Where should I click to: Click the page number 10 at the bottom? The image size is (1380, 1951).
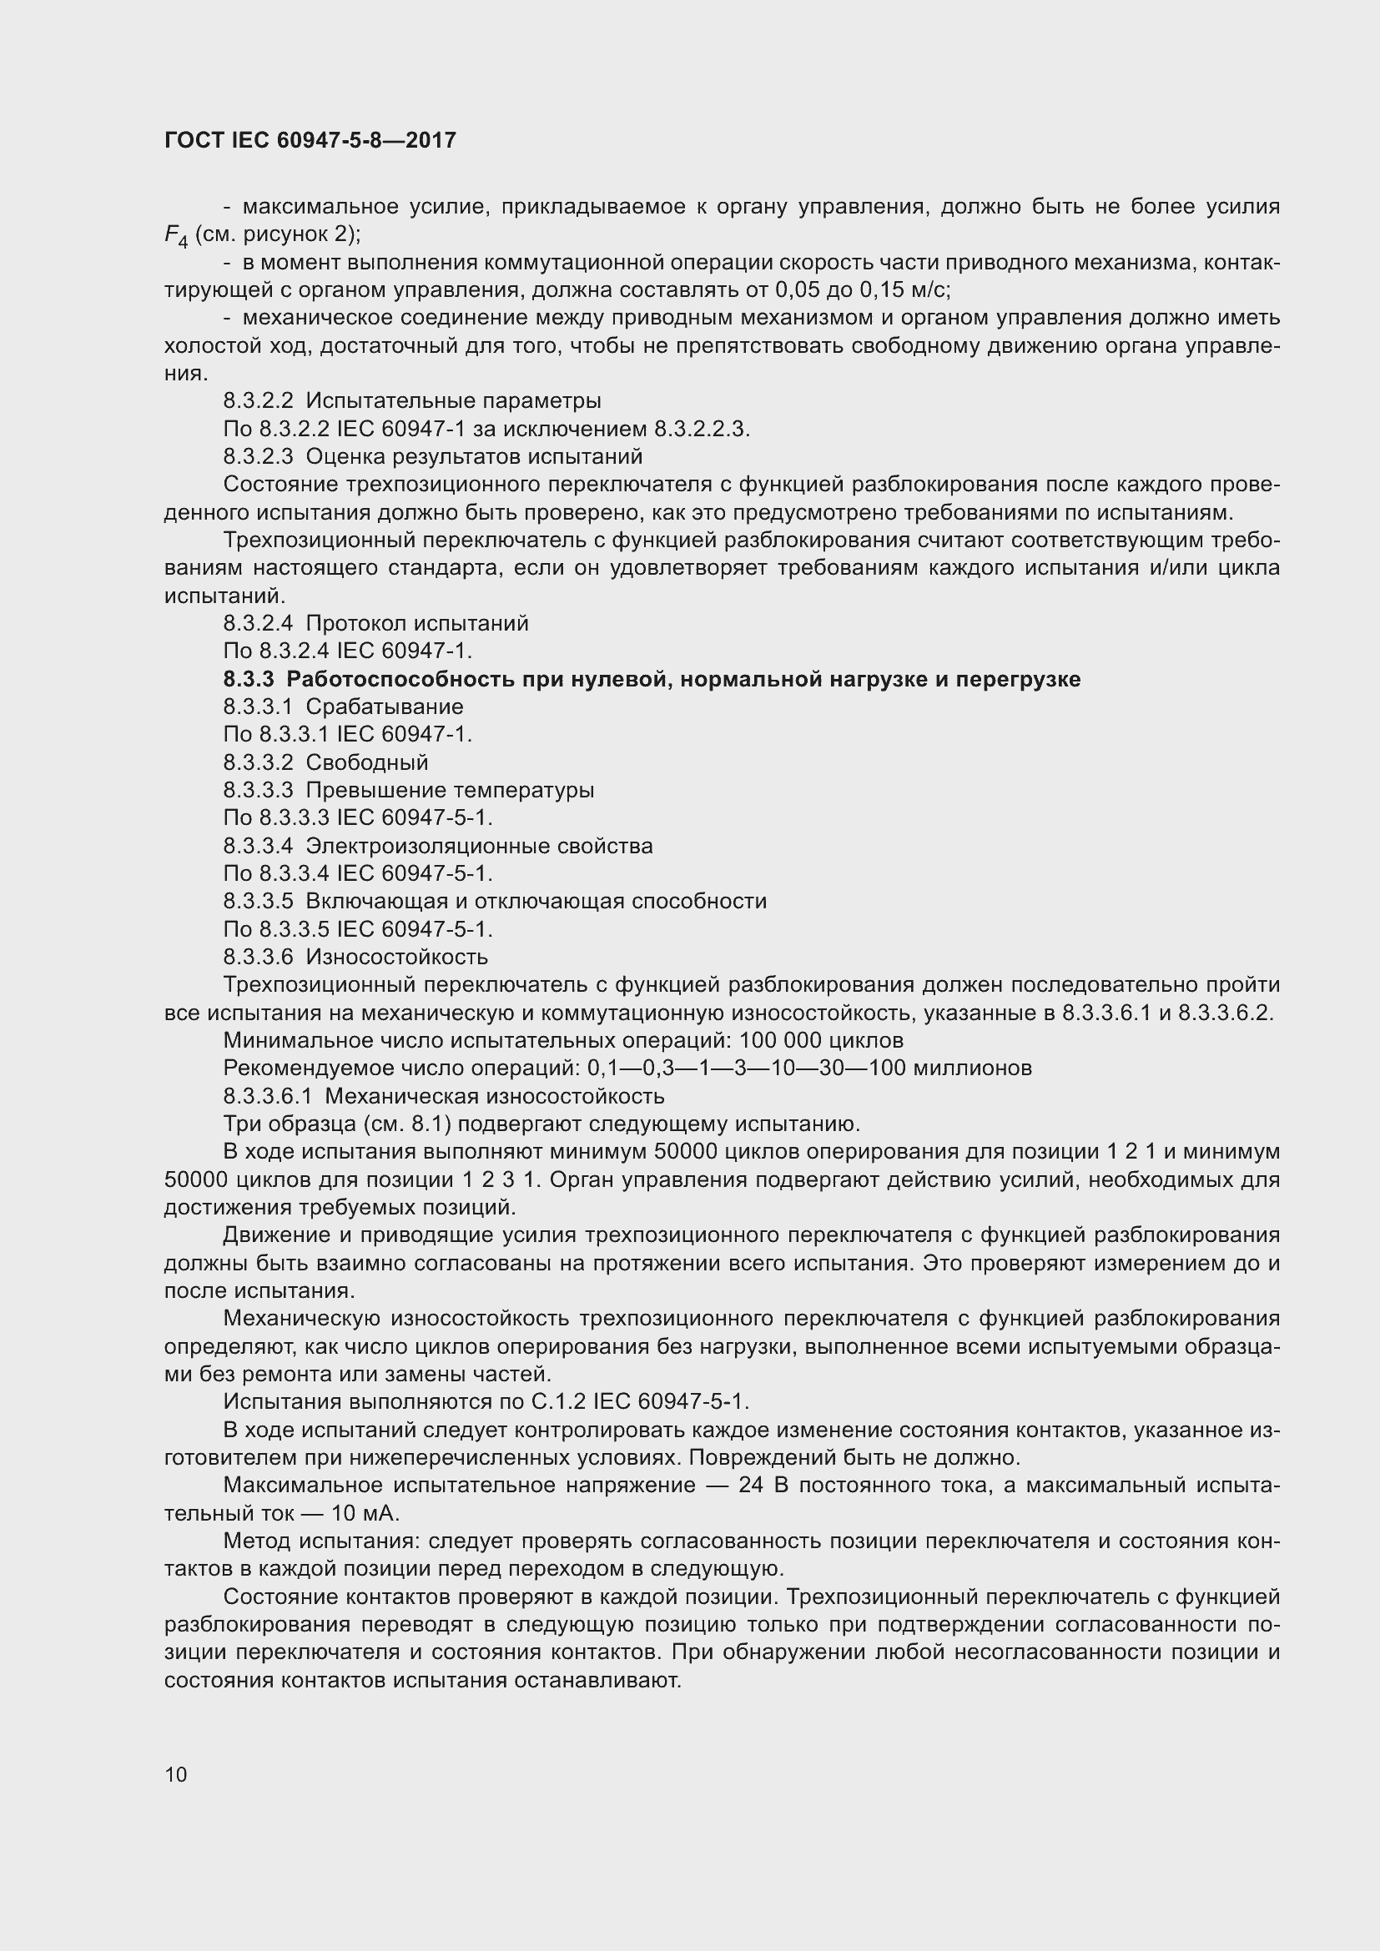pyautogui.click(x=176, y=1774)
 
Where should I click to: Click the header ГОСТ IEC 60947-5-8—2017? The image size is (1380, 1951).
pyautogui.click(x=310, y=140)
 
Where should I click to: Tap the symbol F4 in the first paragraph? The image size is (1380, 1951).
pyautogui.click(x=176, y=236)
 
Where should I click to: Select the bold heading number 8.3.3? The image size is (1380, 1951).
pyautogui.click(x=249, y=679)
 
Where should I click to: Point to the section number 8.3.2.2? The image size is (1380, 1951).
pyautogui.click(x=258, y=400)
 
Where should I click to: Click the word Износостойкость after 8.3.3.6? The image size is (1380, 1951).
pyautogui.click(x=397, y=957)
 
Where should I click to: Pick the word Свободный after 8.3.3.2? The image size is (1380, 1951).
pyautogui.click(x=367, y=762)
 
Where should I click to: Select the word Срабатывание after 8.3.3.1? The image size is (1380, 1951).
pyautogui.click(x=384, y=707)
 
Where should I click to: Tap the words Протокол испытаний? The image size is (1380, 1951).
pyautogui.click(x=416, y=624)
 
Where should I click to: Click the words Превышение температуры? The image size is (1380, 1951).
pyautogui.click(x=450, y=790)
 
